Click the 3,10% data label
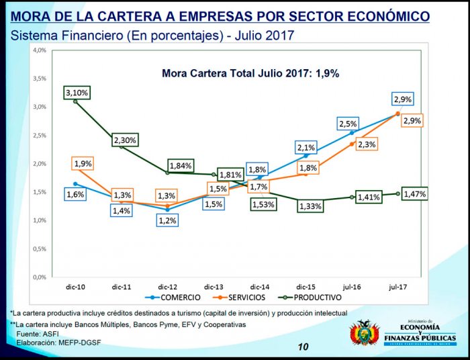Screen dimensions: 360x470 [x=77, y=91]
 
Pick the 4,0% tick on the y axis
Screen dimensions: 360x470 [x=38, y=50]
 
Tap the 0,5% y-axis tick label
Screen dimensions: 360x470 [x=38, y=249]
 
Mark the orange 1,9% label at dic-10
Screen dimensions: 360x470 [x=83, y=163]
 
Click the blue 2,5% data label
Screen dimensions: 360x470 [x=348, y=124]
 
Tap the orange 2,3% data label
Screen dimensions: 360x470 [x=367, y=144]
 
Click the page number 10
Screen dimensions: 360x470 [x=303, y=347]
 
